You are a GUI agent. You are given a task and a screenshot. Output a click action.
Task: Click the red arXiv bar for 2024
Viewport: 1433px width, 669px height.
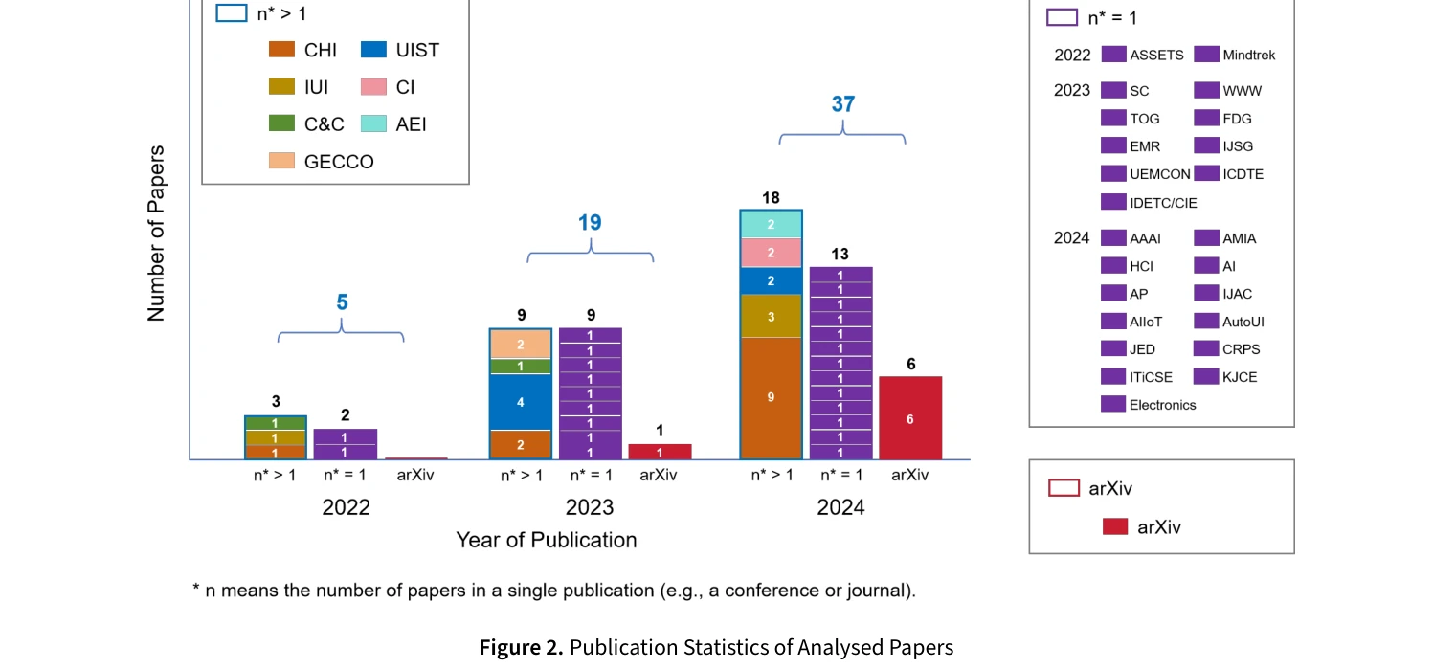909,418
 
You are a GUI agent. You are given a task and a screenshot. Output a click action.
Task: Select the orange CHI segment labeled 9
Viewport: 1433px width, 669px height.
771,397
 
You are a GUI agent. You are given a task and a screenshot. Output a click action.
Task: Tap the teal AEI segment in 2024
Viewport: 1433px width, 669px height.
771,224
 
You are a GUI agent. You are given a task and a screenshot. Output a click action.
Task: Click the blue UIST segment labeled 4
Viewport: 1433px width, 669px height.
520,402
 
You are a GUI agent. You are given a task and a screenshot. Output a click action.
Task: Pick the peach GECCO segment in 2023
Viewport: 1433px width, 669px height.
520,344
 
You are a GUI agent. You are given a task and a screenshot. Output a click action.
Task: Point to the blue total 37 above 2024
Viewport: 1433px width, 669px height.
842,104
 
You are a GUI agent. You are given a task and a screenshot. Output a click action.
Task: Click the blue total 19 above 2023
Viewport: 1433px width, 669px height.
590,223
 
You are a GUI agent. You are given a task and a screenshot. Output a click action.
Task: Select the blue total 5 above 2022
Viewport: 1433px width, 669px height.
342,303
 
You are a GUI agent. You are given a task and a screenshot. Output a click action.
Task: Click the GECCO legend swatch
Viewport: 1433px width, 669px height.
281,162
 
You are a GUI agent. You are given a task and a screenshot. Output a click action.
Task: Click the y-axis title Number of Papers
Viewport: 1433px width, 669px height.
157,234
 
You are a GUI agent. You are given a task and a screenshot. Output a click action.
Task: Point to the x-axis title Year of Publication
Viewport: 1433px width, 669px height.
546,540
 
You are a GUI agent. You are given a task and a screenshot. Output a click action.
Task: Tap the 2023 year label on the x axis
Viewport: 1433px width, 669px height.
590,507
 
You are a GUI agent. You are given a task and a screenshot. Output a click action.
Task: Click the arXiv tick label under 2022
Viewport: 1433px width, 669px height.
414,475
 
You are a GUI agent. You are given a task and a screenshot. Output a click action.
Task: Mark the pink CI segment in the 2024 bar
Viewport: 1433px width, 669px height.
771,253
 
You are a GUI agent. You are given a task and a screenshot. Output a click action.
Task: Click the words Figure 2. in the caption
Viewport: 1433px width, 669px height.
521,648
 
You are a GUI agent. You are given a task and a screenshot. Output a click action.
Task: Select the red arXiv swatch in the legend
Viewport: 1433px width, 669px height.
1114,526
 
